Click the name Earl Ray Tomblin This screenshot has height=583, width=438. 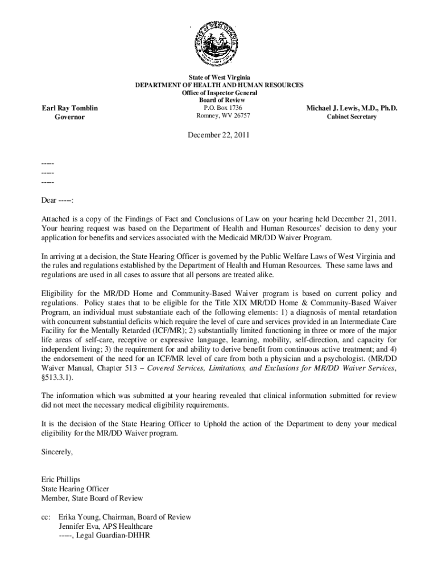70,108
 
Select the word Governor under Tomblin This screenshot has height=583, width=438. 69,117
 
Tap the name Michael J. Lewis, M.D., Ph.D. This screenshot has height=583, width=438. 352,108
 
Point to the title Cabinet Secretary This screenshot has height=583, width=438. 351,117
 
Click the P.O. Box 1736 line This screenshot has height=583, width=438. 219,108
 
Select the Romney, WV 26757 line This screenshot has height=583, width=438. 219,116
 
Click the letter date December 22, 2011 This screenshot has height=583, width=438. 219,136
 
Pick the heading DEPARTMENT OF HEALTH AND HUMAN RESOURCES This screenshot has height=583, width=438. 219,85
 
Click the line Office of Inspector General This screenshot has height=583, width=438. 219,93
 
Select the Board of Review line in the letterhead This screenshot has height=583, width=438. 219,100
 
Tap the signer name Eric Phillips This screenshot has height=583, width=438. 61,479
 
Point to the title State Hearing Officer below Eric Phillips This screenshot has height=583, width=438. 75,488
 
